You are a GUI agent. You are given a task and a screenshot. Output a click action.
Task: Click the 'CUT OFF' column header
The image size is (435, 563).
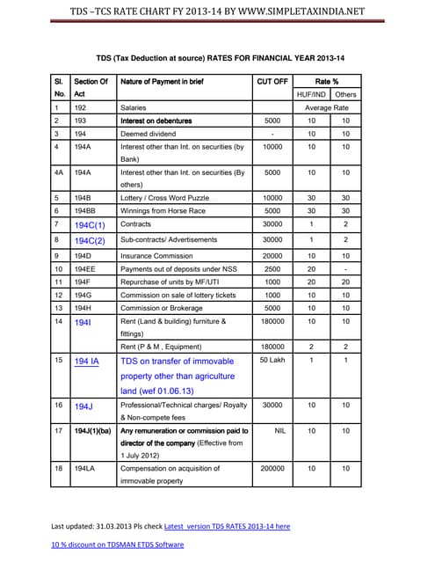[x=272, y=81]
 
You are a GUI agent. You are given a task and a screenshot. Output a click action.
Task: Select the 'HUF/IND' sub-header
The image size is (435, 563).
[x=311, y=93]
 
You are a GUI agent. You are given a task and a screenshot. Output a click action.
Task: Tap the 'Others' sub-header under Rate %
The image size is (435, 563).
[x=345, y=93]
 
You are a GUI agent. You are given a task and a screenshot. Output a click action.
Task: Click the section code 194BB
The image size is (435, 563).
[x=85, y=211]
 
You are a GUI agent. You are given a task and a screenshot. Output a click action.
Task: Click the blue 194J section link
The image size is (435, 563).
[x=83, y=407]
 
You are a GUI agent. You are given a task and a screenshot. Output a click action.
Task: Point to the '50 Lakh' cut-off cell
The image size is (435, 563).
[x=272, y=361]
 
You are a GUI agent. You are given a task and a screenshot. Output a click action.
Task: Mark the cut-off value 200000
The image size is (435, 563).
[x=272, y=469]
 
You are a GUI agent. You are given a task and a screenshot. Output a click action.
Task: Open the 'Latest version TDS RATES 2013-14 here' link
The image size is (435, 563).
[x=227, y=526]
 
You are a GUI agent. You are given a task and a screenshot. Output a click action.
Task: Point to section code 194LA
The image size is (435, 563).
[x=85, y=469]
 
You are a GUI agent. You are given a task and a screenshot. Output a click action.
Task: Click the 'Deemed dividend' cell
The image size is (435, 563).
[x=148, y=134]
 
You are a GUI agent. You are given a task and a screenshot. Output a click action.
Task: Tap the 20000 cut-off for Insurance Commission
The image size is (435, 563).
[x=272, y=255]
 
